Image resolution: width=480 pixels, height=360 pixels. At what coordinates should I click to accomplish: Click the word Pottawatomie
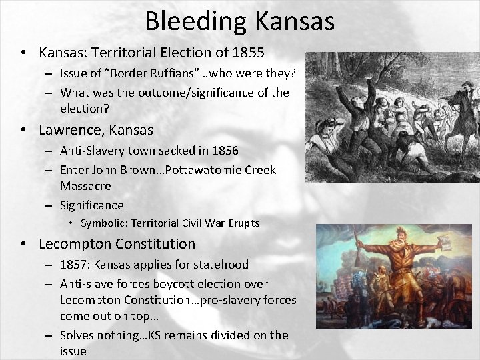[205, 170]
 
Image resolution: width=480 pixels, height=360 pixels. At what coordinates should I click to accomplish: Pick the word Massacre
[85, 185]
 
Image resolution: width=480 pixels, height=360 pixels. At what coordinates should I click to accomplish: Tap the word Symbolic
[104, 223]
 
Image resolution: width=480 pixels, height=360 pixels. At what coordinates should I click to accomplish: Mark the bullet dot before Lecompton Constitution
[23, 244]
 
